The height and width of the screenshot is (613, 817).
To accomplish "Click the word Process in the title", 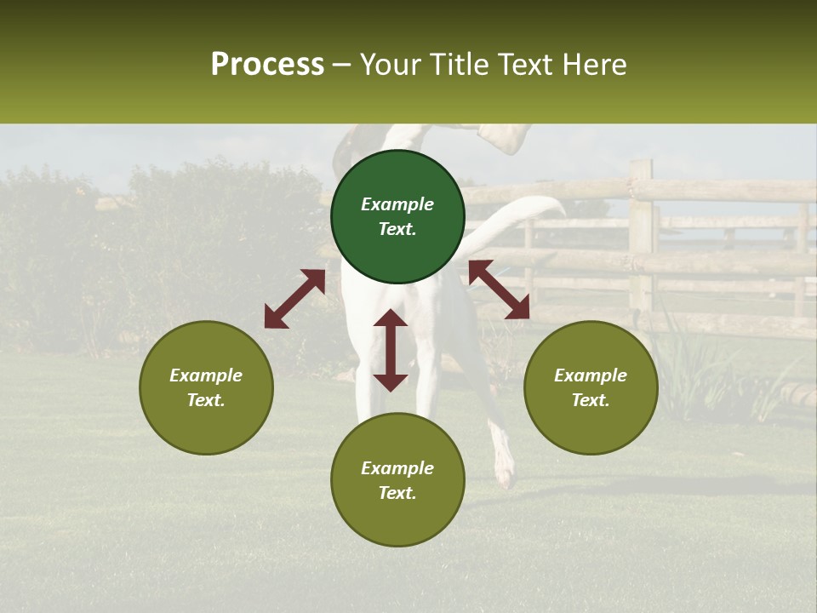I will click(x=267, y=65).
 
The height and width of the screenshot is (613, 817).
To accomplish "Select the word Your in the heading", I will click(x=391, y=65).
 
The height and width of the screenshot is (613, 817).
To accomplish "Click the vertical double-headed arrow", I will click(x=391, y=350).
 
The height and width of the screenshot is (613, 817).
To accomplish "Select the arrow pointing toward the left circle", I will click(x=294, y=299).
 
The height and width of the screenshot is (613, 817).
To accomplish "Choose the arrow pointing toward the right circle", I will click(x=500, y=289).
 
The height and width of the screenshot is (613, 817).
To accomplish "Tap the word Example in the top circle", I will click(x=397, y=204).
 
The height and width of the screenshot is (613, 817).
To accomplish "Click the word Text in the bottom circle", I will click(x=397, y=493).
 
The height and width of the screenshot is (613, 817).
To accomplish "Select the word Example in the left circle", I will click(x=206, y=375).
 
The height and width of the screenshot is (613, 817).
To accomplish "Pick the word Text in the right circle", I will click(x=591, y=400).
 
